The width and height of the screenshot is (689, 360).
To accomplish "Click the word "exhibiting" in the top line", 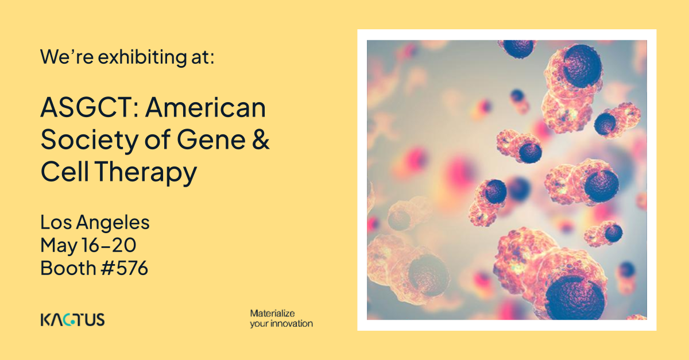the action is [142, 57].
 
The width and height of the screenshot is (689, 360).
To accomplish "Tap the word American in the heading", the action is [205, 108].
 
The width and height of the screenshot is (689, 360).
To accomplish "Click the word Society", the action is [89, 141].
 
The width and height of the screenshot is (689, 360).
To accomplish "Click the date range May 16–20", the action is [88, 245].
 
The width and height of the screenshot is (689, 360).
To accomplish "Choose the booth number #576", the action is [125, 268].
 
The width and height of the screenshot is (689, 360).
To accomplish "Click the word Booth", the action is [68, 268].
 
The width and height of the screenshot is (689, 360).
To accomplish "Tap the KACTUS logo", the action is [72, 320].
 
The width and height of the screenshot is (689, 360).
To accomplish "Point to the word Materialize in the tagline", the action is [272, 313].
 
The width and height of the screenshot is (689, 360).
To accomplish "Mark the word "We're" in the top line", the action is [67, 57].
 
